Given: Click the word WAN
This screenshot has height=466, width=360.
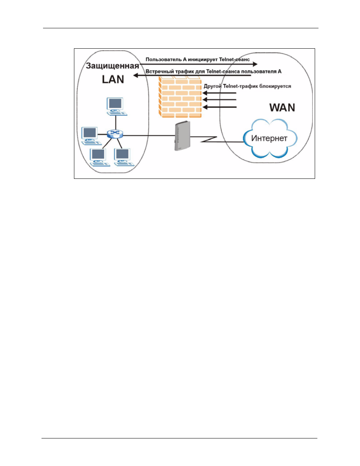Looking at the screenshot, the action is [x=282, y=108].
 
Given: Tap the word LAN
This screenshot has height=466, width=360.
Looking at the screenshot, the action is [x=113, y=79].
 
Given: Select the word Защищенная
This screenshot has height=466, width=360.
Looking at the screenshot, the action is [x=112, y=66].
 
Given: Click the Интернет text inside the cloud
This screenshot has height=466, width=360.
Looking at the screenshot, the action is [x=269, y=138].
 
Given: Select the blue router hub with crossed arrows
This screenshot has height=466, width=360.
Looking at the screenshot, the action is [x=115, y=134].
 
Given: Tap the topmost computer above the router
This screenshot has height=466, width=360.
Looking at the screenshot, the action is [x=117, y=106].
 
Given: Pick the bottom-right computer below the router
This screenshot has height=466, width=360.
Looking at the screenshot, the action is [x=124, y=157].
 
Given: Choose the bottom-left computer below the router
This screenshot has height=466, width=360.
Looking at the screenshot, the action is [x=100, y=157].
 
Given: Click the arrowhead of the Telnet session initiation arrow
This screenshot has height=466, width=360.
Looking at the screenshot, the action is [x=255, y=64].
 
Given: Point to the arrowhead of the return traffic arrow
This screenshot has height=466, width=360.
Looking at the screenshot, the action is [x=136, y=75].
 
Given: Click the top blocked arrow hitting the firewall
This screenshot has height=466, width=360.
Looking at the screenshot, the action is [x=219, y=93].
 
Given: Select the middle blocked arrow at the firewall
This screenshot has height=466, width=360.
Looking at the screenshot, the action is [x=219, y=100].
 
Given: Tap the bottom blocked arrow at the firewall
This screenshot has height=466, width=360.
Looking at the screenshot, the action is [x=219, y=107].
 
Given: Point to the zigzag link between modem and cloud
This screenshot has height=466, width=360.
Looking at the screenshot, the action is [x=209, y=139].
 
